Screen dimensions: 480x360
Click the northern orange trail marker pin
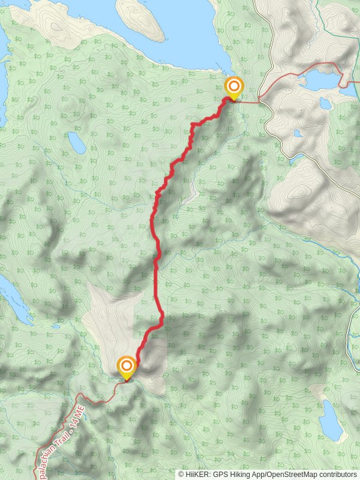[233, 88]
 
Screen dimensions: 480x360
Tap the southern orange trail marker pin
[127, 367]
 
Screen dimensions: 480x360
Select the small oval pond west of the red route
[76, 143]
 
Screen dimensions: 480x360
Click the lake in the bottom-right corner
[331, 420]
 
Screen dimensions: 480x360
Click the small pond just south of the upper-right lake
[325, 103]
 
